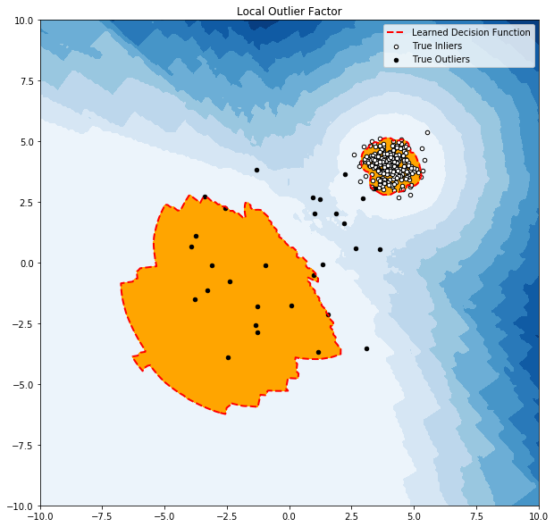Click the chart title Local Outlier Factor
coord(289,12)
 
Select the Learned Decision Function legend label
coord(471,33)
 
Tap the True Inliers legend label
coord(436,46)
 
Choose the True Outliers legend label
coord(441,59)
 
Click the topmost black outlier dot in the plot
coord(256,170)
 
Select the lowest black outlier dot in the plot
coord(228,357)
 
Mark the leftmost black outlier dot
coord(191,247)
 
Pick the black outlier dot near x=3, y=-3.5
coord(366,348)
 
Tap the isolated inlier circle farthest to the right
coord(427,132)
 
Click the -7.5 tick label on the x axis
coord(102,517)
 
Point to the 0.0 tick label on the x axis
coord(290,517)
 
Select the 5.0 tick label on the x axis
coord(414,517)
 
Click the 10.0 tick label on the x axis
coord(538,517)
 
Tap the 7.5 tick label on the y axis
coord(24,80)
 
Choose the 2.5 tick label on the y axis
coord(24,202)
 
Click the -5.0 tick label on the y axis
coord(21,384)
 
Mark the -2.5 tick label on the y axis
coord(21,323)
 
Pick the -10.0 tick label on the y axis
coord(19,506)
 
